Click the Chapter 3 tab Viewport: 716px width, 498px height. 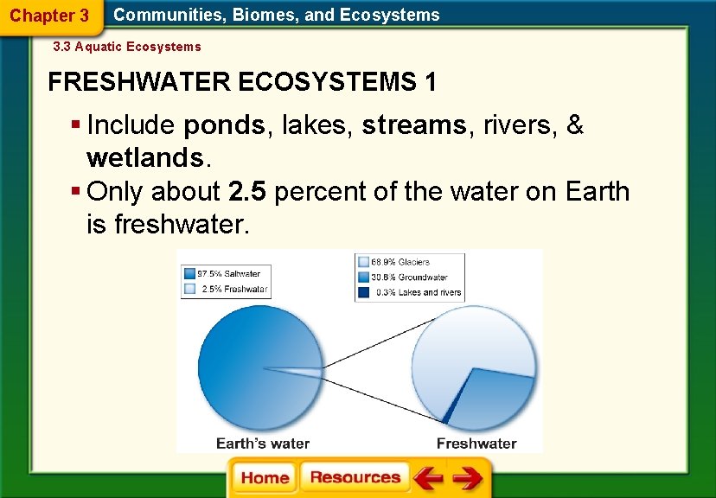coord(49,16)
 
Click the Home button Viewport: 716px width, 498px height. coord(265,478)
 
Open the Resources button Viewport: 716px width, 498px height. coord(355,478)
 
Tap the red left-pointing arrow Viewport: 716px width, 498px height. coord(428,478)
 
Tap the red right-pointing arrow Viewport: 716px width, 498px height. coord(468,478)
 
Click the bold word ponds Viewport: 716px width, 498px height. coord(225,126)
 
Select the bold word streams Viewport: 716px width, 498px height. coord(414,126)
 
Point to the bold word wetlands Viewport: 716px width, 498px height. coord(144,157)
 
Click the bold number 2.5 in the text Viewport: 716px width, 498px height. coord(247,191)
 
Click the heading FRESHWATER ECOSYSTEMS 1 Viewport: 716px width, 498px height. coord(242,83)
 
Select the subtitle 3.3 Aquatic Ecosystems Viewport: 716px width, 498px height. coord(127,47)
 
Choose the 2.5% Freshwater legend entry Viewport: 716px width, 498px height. coord(225,289)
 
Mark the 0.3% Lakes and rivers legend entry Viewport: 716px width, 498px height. coord(410,292)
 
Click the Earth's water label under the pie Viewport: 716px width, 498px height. coord(263,444)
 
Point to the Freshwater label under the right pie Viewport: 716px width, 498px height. coord(476,444)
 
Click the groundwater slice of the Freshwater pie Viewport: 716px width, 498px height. coord(497,389)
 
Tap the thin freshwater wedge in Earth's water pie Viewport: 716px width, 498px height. coord(298,371)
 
